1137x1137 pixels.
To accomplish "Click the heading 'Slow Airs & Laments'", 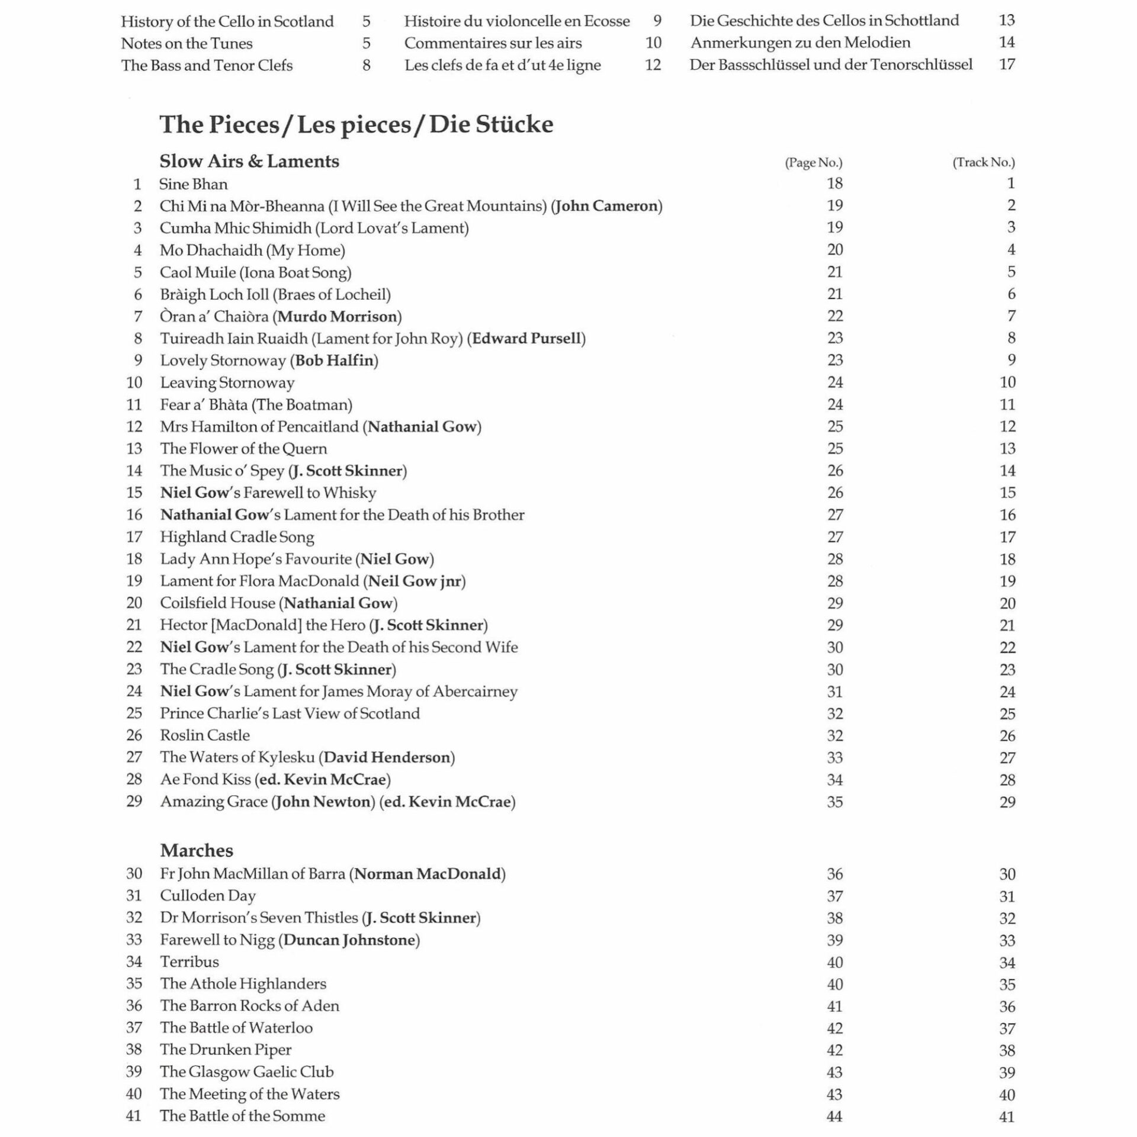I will pyautogui.click(x=249, y=162).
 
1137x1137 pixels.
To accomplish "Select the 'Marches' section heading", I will pyautogui.click(x=197, y=850).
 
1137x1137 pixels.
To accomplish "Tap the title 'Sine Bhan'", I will pyautogui.click(x=194, y=184).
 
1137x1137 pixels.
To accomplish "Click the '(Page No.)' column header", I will pyautogui.click(x=813, y=163).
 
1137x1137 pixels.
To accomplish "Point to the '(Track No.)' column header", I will pyautogui.click(x=983, y=163).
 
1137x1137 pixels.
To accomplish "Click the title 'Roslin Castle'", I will pyautogui.click(x=205, y=735).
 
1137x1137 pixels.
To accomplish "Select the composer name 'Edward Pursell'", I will pyautogui.click(x=526, y=339).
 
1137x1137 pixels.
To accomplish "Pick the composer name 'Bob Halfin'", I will pyautogui.click(x=335, y=361).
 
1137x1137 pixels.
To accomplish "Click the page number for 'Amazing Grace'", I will pyautogui.click(x=834, y=802).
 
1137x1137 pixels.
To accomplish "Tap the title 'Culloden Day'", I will pyautogui.click(x=208, y=896).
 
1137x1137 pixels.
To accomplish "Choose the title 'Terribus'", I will pyautogui.click(x=189, y=962).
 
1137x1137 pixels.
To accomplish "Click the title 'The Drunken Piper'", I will pyautogui.click(x=226, y=1050).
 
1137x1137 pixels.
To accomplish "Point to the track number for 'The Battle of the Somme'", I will pyautogui.click(x=1007, y=1116).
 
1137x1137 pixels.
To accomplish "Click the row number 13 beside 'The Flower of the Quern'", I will pyautogui.click(x=134, y=449).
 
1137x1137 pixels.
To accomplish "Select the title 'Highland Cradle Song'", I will pyautogui.click(x=237, y=537).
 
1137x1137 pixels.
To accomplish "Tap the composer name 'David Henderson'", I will pyautogui.click(x=387, y=757).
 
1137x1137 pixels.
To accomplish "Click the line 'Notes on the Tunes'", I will pyautogui.click(x=187, y=43).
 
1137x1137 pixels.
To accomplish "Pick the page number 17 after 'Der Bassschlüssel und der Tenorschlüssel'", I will pyautogui.click(x=1007, y=65).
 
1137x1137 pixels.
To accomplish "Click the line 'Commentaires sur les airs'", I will pyautogui.click(x=493, y=43).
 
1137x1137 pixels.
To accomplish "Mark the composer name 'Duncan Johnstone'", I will pyautogui.click(x=349, y=940).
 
